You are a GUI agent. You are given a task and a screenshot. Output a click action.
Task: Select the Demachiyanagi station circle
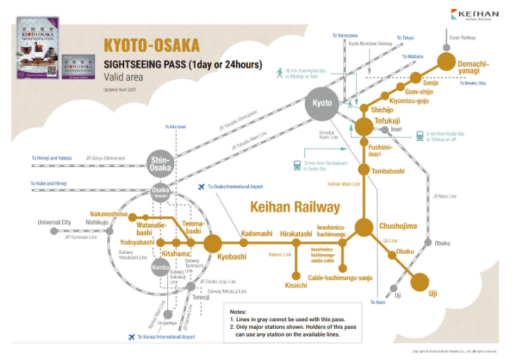pos(445,60)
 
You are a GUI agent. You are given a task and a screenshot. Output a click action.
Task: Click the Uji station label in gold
pos(432,293)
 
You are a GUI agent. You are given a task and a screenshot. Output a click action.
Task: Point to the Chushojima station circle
pos(364,227)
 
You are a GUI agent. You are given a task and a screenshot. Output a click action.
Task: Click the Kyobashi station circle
pos(212,243)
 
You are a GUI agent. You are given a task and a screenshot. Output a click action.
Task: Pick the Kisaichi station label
pos(296,285)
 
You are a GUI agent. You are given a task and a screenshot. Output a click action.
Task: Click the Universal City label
pos(55,223)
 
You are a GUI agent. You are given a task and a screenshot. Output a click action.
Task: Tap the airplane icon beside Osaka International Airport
pos(201,187)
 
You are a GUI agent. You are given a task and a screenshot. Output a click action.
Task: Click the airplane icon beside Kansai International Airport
pos(131,337)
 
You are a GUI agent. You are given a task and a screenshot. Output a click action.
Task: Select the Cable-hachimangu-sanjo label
pos(340,277)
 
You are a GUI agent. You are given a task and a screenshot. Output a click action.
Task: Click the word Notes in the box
pos(238,311)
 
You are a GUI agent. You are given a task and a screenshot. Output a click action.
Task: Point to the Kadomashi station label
pos(257,234)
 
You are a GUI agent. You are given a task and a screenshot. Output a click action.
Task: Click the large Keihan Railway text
pos(295,207)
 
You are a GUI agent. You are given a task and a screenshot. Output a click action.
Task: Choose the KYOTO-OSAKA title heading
pos(151,46)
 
